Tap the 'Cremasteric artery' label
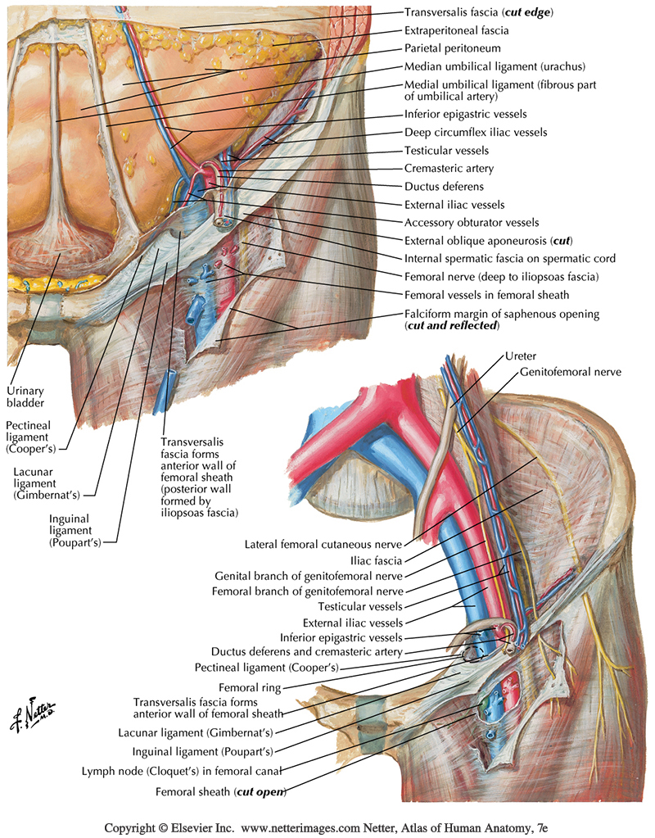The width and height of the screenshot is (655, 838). coord(449,169)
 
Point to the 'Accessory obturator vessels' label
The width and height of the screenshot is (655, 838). coord(472,223)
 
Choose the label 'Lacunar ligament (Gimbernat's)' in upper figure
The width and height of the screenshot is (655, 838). coord(51,483)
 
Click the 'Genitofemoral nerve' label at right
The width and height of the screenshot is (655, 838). coord(570,372)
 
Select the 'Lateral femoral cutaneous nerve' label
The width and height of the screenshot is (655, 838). coord(327,544)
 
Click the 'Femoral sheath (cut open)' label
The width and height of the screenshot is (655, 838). coord(220,792)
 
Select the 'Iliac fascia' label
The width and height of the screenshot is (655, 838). coord(377,561)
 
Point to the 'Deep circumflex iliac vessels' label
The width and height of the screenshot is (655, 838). coord(476,133)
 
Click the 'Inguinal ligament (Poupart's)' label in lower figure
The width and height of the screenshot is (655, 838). coord(202,750)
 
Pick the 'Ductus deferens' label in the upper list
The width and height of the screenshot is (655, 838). coord(444,187)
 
